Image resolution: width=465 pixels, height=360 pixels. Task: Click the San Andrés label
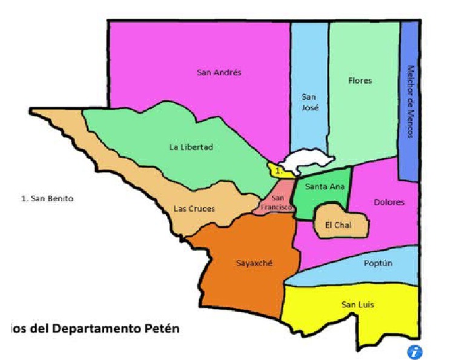pos(219,72)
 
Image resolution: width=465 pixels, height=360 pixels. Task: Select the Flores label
pos(360,81)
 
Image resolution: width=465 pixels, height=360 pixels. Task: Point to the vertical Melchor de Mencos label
pos(410,102)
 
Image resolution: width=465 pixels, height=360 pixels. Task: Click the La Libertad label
pos(191,147)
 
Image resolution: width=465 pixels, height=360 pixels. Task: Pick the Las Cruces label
pos(194,208)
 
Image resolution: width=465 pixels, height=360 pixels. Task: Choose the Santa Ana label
pos(321,187)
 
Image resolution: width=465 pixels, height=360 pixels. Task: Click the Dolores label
pos(389,202)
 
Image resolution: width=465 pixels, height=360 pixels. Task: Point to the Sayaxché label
pos(254,263)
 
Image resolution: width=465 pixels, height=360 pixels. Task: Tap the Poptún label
pos(378,263)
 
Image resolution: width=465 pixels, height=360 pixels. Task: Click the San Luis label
pos(357,304)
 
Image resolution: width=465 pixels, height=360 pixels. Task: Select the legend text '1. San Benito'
pos(47,198)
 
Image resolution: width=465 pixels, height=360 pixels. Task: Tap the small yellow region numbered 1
pos(279,172)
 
